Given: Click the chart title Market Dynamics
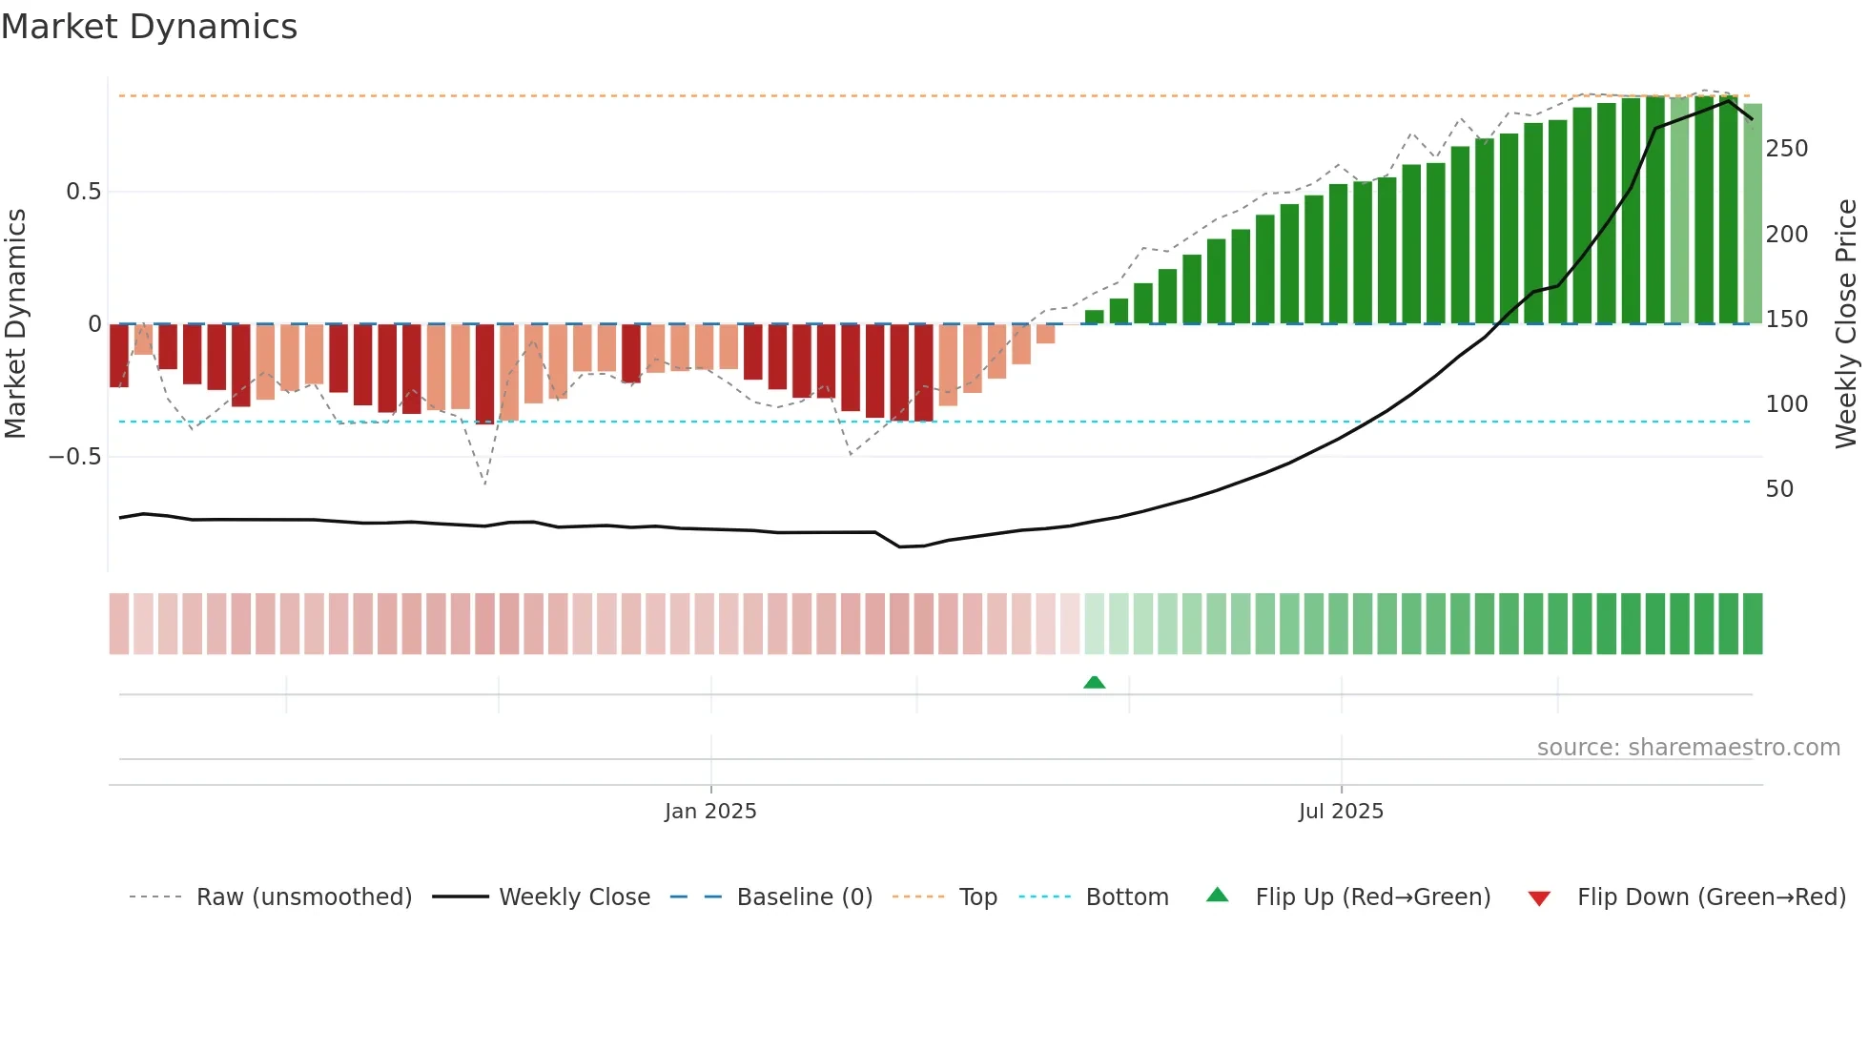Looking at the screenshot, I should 149,27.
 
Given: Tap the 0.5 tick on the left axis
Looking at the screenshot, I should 83,192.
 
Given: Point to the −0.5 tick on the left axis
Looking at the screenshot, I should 74,457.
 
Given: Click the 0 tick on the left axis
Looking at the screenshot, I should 94,324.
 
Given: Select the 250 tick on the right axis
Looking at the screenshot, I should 1786,149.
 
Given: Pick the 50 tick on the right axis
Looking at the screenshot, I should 1779,489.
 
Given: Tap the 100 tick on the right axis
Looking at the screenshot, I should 1786,404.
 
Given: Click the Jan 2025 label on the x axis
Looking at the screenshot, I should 710,812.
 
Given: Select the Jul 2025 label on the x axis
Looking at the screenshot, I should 1341,812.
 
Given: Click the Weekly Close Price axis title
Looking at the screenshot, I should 1846,324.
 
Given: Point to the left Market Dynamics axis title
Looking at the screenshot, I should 15,324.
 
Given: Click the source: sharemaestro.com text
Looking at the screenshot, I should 1688,748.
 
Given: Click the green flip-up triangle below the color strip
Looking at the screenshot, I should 1095,682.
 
